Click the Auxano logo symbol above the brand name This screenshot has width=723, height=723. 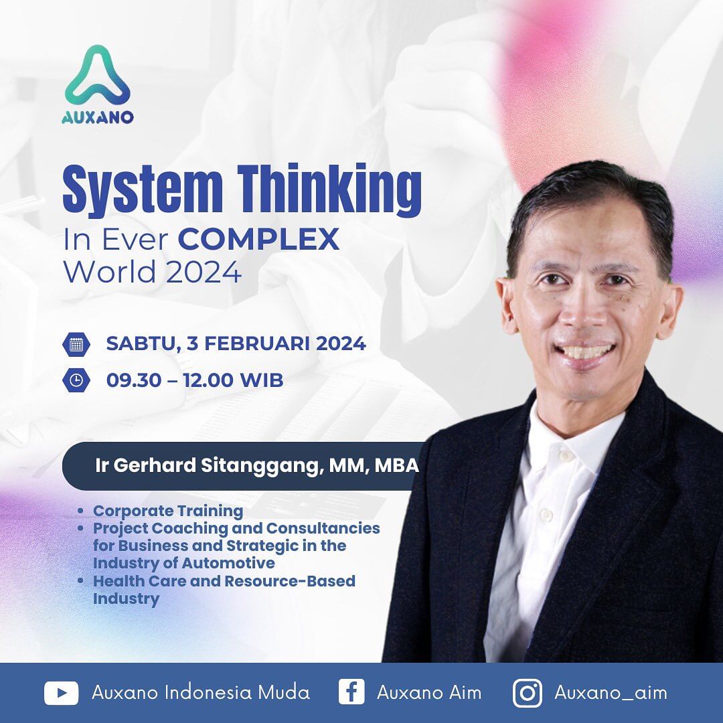[98, 75]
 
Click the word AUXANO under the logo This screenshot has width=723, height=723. [98, 117]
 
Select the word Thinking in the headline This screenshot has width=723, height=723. [328, 190]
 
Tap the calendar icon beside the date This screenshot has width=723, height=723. [76, 345]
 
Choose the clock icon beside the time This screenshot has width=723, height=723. [76, 380]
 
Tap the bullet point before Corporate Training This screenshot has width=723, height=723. [81, 511]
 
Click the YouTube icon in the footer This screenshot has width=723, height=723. [62, 692]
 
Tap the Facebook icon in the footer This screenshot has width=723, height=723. [351, 692]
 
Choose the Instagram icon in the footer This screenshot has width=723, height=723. [528, 692]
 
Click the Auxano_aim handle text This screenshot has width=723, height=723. [611, 692]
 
